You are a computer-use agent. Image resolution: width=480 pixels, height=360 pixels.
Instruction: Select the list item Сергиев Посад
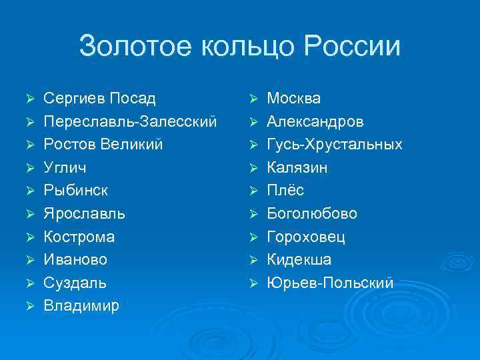tap(99, 99)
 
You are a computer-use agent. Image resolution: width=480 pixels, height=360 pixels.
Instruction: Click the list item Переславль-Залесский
tap(130, 122)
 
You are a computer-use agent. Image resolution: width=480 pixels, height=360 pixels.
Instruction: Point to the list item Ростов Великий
tap(103, 145)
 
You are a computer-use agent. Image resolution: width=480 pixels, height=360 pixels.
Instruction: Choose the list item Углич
tap(65, 168)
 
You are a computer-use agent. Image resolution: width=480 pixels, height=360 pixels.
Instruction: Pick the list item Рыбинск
tap(75, 191)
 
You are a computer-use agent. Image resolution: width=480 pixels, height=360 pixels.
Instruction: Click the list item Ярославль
tap(84, 214)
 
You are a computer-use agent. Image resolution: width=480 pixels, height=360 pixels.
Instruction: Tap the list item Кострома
tap(79, 237)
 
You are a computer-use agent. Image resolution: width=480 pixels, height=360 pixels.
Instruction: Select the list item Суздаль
tap(75, 283)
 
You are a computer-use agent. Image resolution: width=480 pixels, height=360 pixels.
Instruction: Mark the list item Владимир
tap(81, 306)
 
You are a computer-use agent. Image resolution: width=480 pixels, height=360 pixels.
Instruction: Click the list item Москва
tap(294, 99)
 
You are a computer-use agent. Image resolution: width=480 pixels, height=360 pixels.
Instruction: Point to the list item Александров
tap(315, 122)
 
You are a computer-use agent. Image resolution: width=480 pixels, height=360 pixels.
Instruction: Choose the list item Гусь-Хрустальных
tap(335, 145)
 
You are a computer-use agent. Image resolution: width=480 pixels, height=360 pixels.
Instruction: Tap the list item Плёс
tap(285, 191)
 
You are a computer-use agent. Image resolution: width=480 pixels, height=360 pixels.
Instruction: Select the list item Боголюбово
tap(312, 214)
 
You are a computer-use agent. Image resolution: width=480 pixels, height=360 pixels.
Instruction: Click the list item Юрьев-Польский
tap(330, 283)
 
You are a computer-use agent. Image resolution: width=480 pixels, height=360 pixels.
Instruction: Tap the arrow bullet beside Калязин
tap(253, 168)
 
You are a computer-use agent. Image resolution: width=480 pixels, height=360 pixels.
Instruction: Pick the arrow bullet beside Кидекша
tap(253, 260)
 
